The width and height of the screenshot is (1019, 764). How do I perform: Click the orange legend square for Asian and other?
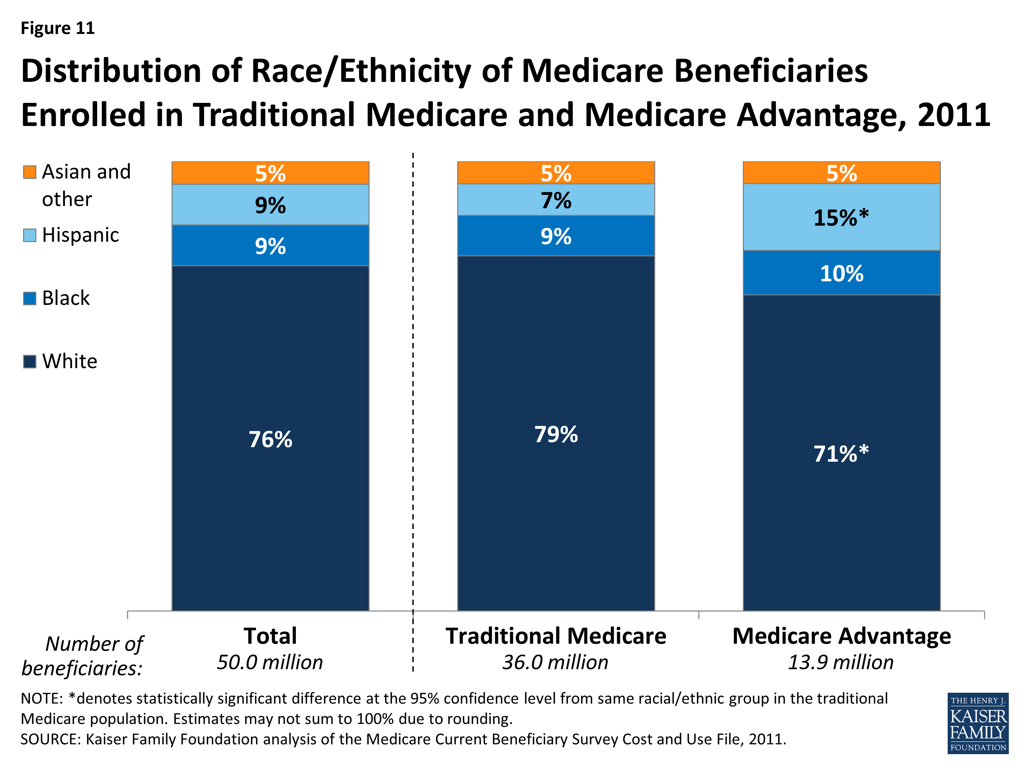pyautogui.click(x=30, y=172)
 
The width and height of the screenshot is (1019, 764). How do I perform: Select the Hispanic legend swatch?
pyautogui.click(x=30, y=235)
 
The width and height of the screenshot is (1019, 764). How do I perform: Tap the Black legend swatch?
pyautogui.click(x=30, y=298)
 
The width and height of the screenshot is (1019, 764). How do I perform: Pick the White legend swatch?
pyautogui.click(x=30, y=362)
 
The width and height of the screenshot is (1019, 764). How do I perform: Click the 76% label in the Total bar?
pyautogui.click(x=270, y=439)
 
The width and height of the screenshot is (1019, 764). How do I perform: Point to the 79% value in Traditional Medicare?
pyautogui.click(x=556, y=434)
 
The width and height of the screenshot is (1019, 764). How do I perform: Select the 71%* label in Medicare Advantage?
pyautogui.click(x=841, y=454)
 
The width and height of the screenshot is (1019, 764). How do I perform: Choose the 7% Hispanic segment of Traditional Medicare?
pyautogui.click(x=556, y=201)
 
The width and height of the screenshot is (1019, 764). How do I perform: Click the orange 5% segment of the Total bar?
pyautogui.click(x=270, y=174)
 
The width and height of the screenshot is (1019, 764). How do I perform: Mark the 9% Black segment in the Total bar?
pyautogui.click(x=270, y=247)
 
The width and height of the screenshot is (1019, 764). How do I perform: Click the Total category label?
pyautogui.click(x=270, y=636)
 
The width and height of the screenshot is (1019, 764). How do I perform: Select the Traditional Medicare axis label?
pyautogui.click(x=556, y=636)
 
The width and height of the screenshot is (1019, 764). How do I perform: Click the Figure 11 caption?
pyautogui.click(x=58, y=28)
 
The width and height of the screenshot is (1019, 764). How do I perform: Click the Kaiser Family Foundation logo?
pyautogui.click(x=978, y=723)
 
